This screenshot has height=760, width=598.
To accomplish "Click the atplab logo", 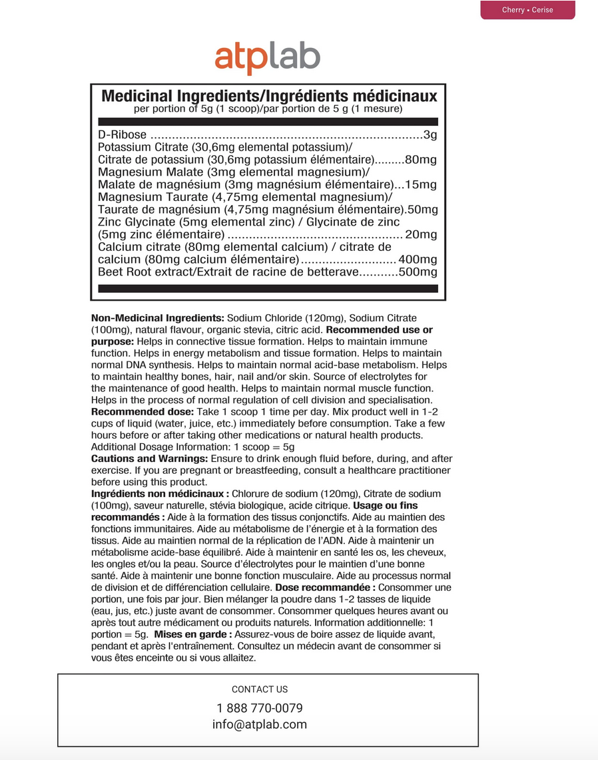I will click(x=267, y=57).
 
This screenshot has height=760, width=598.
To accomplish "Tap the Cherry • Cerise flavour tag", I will click(x=527, y=10).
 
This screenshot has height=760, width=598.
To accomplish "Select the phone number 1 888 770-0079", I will click(x=260, y=708).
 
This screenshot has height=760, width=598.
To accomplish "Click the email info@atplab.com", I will click(x=260, y=725).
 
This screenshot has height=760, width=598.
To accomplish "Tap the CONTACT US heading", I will click(x=260, y=689).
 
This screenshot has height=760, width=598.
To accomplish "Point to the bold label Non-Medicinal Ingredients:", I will click(x=157, y=318).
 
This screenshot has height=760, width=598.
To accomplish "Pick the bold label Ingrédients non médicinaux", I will click(x=160, y=494).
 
